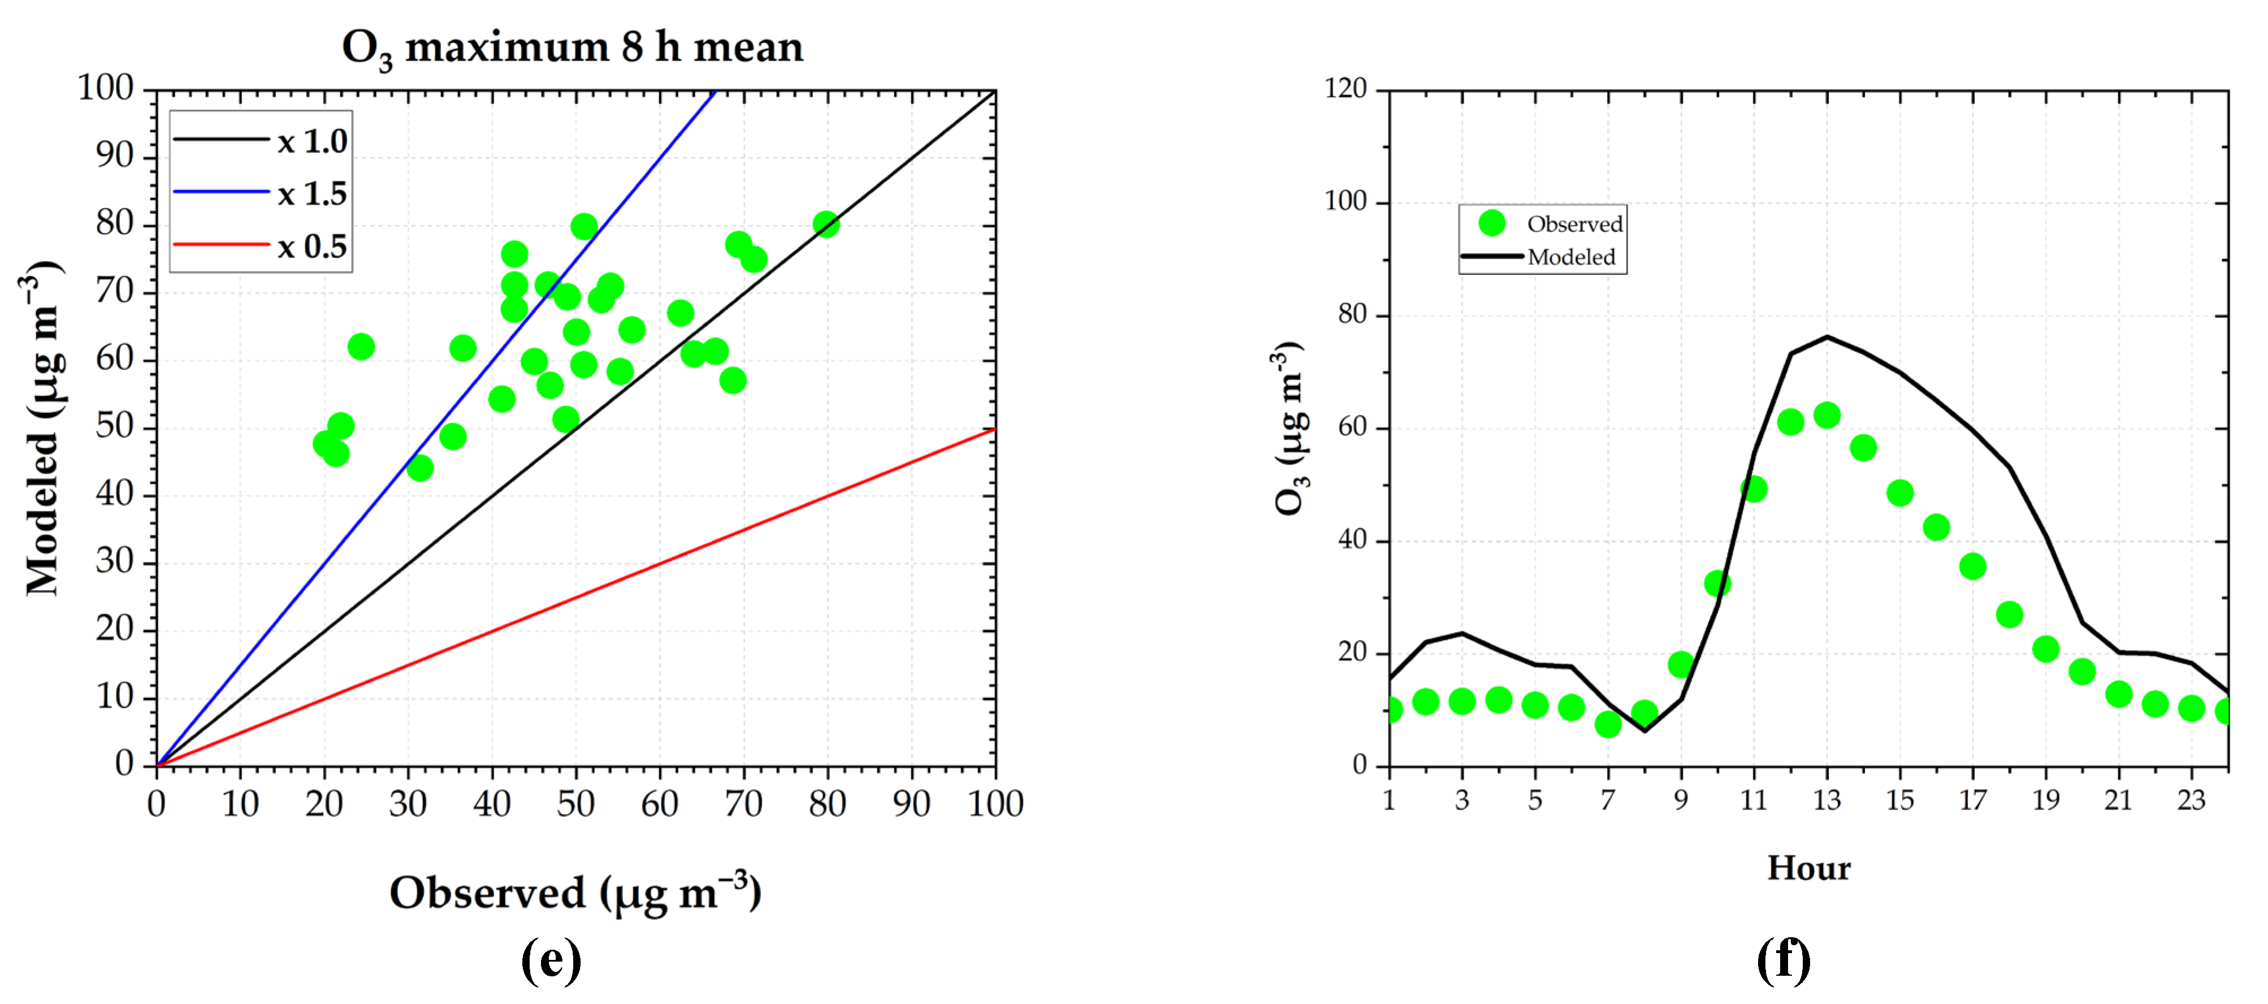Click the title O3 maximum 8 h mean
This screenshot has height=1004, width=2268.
pyautogui.click(x=572, y=47)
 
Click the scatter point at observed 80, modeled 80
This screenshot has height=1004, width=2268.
pyautogui.click(x=825, y=224)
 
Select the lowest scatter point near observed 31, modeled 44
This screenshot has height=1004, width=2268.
pyautogui.click(x=420, y=468)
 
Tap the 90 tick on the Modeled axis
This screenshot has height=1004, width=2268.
pyautogui.click(x=114, y=156)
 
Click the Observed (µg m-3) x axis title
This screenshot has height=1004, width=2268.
pyautogui.click(x=575, y=893)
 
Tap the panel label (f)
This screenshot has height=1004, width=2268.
pyautogui.click(x=1783, y=960)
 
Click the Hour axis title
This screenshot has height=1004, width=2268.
pyautogui.click(x=1808, y=868)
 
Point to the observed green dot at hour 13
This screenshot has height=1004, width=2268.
pyautogui.click(x=1827, y=415)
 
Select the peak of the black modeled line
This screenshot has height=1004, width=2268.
pyautogui.click(x=1827, y=336)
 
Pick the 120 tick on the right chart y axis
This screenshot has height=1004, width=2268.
pyautogui.click(x=1345, y=89)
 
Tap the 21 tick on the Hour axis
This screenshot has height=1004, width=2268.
pyautogui.click(x=2118, y=800)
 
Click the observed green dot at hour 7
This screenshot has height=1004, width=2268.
pyautogui.click(x=1608, y=724)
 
